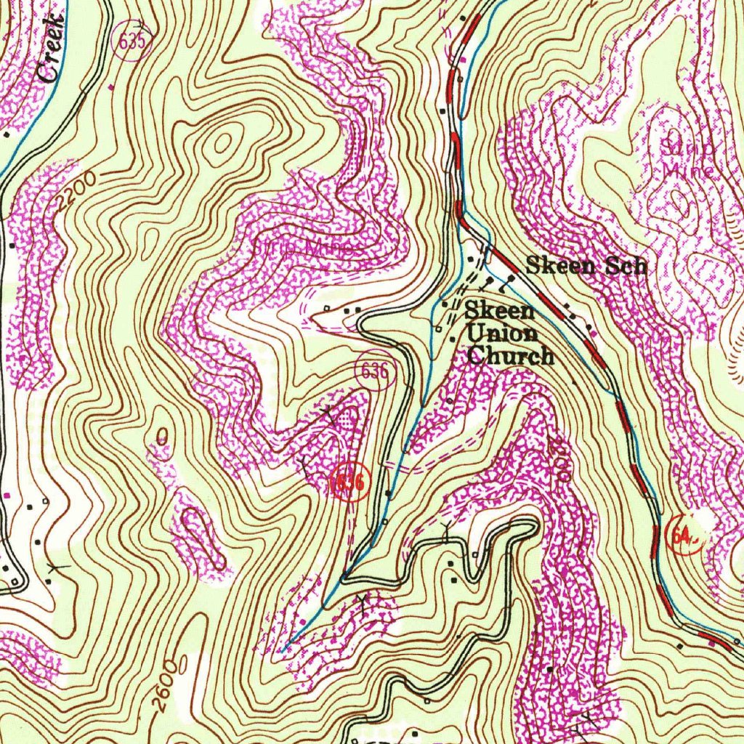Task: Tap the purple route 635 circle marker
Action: pyautogui.click(x=133, y=41)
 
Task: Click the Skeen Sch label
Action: pyautogui.click(x=586, y=266)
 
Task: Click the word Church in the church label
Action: pyautogui.click(x=511, y=357)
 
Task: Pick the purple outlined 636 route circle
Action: pyautogui.click(x=374, y=372)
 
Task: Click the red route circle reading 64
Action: pyautogui.click(x=683, y=537)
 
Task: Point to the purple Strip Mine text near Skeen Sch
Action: pyautogui.click(x=687, y=158)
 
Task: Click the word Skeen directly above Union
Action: pyautogui.click(x=500, y=311)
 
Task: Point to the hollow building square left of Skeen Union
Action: pyautogui.click(x=438, y=328)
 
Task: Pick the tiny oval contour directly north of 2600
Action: pyautogui.click(x=162, y=436)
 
